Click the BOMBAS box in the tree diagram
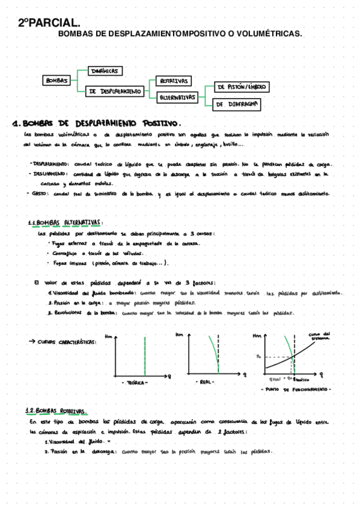[x=57, y=80]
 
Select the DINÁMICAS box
[x=105, y=71]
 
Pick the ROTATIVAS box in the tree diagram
[x=173, y=81]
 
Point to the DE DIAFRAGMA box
[x=236, y=104]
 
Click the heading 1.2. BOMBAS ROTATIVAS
[x=57, y=411]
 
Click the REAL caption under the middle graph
[x=205, y=382]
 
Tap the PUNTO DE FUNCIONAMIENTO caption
[x=296, y=390]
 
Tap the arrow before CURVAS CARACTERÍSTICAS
[x=32, y=342]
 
